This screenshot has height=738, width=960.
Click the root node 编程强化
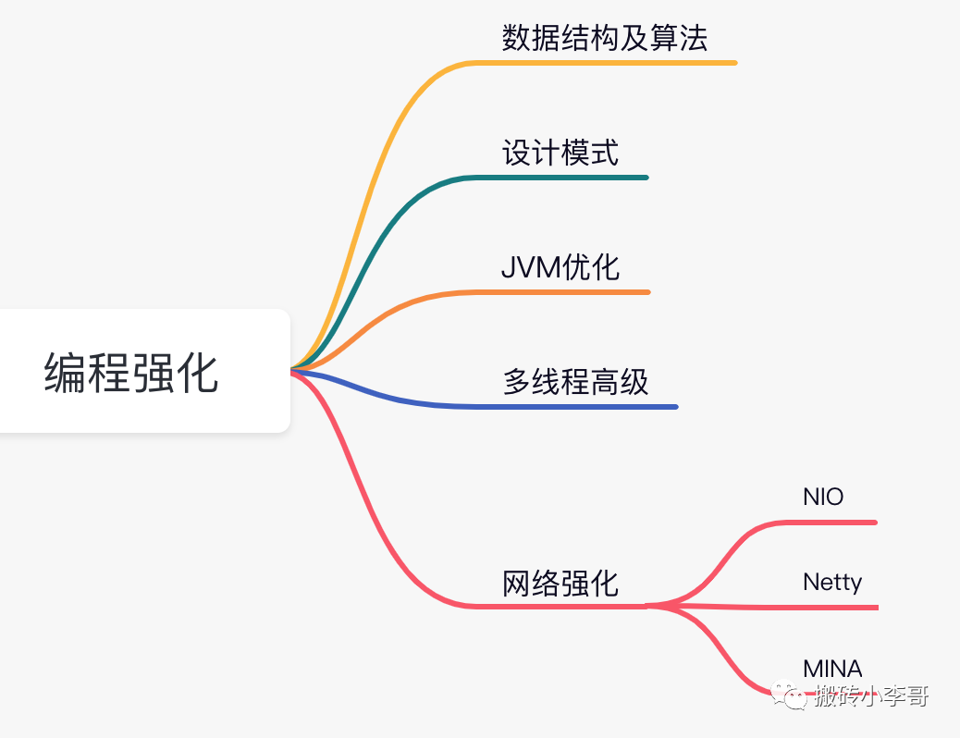pos(132,373)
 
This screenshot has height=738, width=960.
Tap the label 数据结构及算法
pos(605,38)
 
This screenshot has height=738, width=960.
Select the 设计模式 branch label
pos(560,153)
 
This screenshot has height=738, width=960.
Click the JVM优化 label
pos(560,267)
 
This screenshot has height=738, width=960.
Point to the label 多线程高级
pos(576,382)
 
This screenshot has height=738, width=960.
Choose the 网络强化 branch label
pos(560,584)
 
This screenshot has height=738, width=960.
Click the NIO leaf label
pos(823,497)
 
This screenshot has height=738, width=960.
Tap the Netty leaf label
pos(832,582)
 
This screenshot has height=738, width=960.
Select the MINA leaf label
pos(832,668)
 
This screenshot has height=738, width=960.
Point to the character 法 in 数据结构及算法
pos(694,38)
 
